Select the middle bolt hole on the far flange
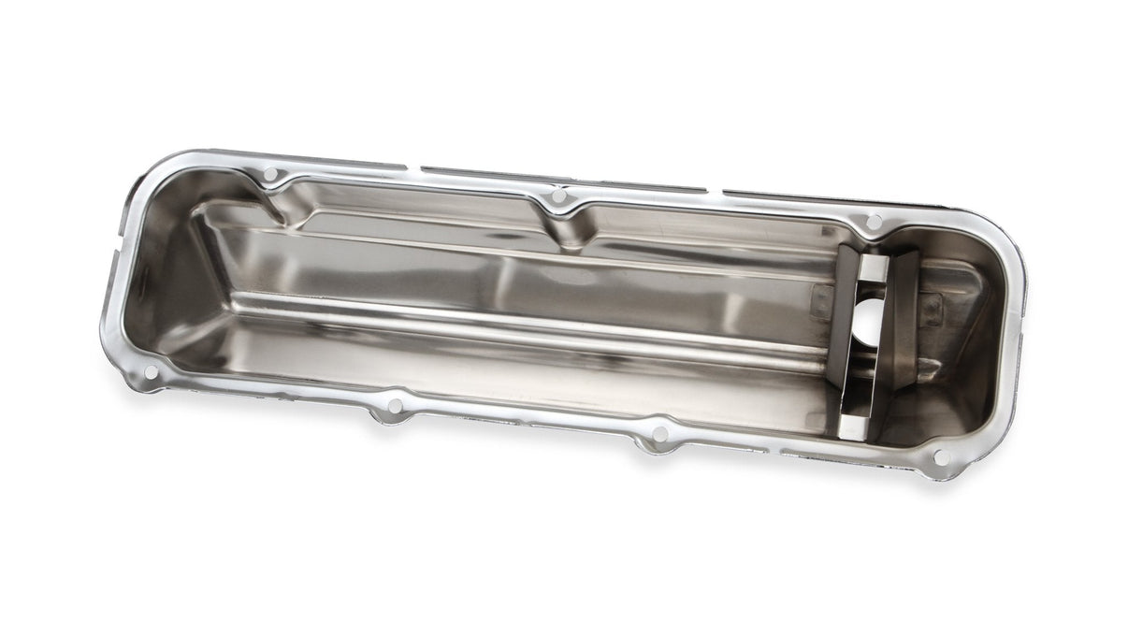[x=558, y=197]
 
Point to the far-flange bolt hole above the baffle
[x=875, y=222]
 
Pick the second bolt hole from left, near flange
[x=394, y=407]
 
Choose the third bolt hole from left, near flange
[x=658, y=433]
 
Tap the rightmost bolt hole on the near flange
[x=942, y=457]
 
